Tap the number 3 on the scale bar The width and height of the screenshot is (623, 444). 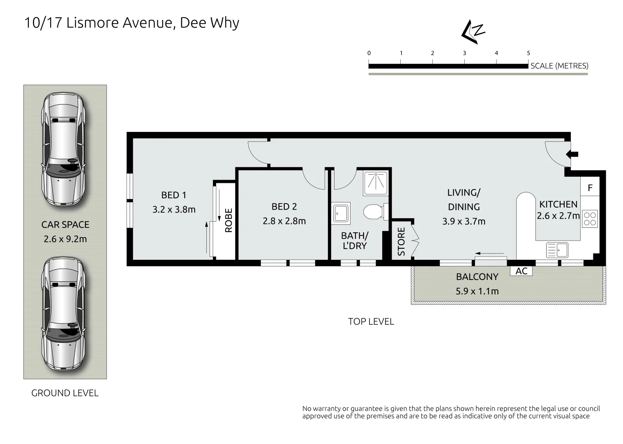pyautogui.click(x=464, y=53)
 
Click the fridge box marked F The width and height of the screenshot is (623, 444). pyautogui.click(x=590, y=186)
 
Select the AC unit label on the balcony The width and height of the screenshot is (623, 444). pyautogui.click(x=521, y=271)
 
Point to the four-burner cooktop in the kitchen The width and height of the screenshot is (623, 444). pyautogui.click(x=590, y=219)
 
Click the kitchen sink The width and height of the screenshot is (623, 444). pyautogui.click(x=557, y=250)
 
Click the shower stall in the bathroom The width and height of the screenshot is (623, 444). pyautogui.click(x=376, y=183)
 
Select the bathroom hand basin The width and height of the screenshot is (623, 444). pyautogui.click(x=341, y=213)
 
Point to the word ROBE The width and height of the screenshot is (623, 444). pyautogui.click(x=228, y=220)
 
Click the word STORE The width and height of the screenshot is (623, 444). pyautogui.click(x=401, y=241)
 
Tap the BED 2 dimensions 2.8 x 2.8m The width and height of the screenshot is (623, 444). pyautogui.click(x=284, y=221)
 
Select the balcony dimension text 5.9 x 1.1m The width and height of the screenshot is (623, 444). pyautogui.click(x=477, y=291)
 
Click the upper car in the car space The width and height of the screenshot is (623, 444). pyautogui.click(x=64, y=149)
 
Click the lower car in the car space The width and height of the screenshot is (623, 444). pyautogui.click(x=64, y=313)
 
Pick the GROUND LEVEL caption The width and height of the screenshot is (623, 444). pyautogui.click(x=65, y=393)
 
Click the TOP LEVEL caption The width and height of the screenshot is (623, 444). pyautogui.click(x=371, y=321)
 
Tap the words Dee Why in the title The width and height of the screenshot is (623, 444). pyautogui.click(x=210, y=23)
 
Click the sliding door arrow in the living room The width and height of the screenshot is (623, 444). pyautogui.click(x=489, y=253)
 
